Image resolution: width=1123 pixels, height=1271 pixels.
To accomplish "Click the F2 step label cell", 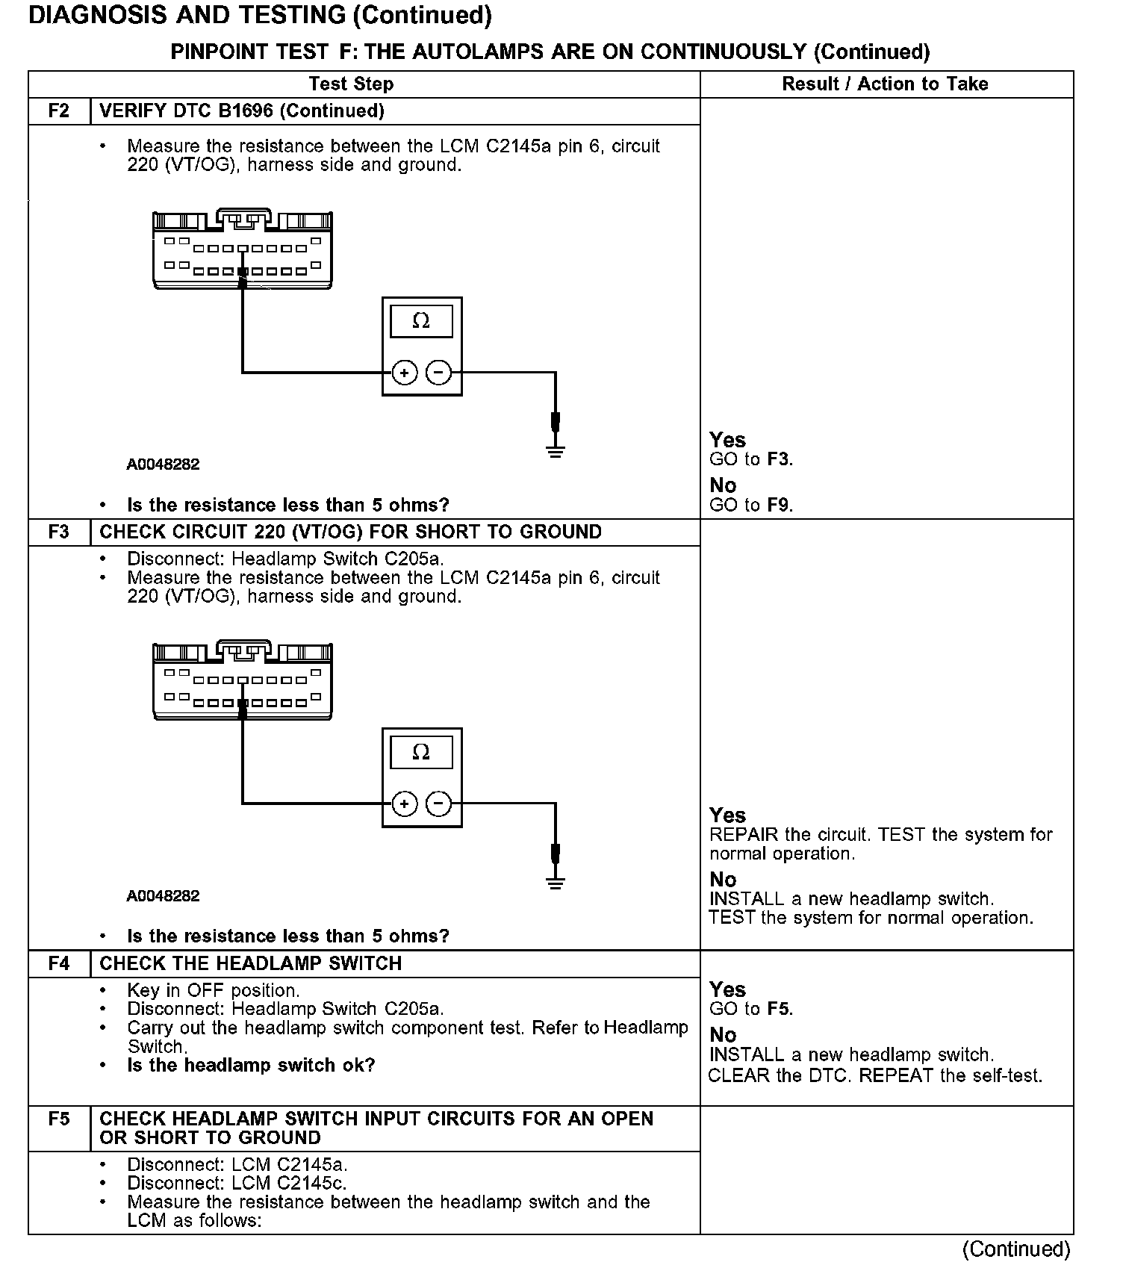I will (x=58, y=111).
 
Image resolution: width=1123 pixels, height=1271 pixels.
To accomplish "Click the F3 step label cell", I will (x=58, y=532).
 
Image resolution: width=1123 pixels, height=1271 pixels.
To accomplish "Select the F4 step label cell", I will (x=58, y=964).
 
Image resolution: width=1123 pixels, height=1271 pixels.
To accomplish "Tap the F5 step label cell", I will (x=58, y=1119).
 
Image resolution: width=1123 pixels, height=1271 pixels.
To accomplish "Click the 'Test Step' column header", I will (x=351, y=84).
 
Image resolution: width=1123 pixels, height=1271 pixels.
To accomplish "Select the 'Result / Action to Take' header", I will (x=885, y=84).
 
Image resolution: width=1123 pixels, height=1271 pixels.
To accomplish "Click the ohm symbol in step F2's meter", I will (x=421, y=322).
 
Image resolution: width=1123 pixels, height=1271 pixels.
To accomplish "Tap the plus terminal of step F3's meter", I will (x=404, y=804).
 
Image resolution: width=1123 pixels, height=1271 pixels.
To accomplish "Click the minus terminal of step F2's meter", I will (x=438, y=372).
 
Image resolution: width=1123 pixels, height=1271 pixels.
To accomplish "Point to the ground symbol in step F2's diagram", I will (x=555, y=450).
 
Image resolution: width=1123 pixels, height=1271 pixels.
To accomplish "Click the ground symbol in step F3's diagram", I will (x=555, y=882).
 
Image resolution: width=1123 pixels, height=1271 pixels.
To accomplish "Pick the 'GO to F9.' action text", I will (x=750, y=506).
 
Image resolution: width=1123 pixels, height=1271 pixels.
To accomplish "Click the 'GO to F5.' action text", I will (x=750, y=1010).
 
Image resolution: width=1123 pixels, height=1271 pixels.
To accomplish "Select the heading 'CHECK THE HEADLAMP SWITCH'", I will (x=250, y=964).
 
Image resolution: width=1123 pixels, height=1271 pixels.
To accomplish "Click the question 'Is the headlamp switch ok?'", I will (x=251, y=1066).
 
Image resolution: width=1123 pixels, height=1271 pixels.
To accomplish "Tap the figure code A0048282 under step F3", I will (x=163, y=896).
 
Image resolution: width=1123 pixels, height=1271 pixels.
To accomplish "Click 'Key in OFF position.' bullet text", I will (x=213, y=991).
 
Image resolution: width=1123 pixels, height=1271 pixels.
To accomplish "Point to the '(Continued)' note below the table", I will (x=1016, y=1249).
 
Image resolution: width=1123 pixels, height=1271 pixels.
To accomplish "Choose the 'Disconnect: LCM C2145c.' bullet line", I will (x=237, y=1184).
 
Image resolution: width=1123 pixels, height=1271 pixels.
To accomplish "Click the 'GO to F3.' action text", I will (x=750, y=459).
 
